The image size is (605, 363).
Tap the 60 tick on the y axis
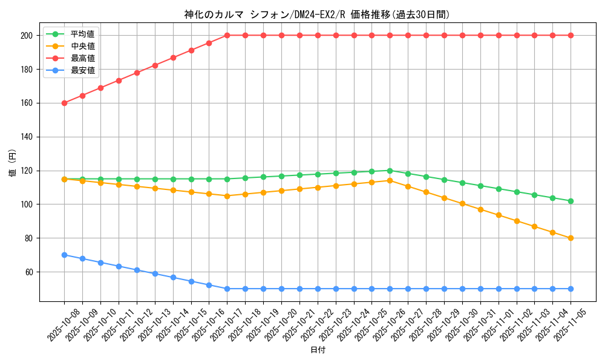(28, 272)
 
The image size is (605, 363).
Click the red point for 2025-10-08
(64, 103)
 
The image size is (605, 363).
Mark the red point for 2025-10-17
(227, 35)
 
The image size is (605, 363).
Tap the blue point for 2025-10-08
(64, 255)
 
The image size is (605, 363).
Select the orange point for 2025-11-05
(571, 238)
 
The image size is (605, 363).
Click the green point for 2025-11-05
(571, 201)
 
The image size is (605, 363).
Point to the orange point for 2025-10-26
(390, 180)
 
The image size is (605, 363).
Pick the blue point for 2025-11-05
(571, 289)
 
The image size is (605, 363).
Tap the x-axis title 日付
(318, 350)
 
